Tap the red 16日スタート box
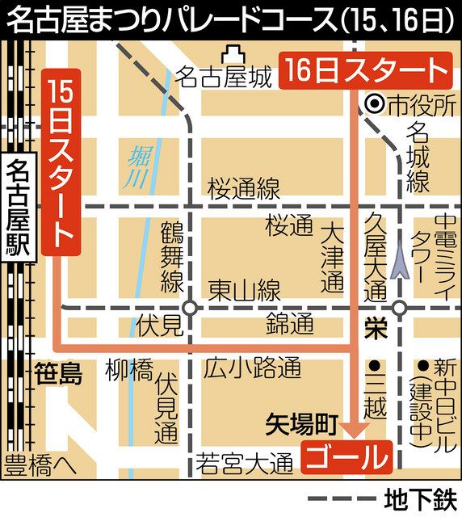tap(363, 71)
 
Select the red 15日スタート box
tap(62, 165)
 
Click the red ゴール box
tap(344, 457)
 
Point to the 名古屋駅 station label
tap(17, 208)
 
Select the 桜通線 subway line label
tap(243, 189)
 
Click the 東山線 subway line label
tap(243, 290)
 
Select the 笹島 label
tap(59, 373)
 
